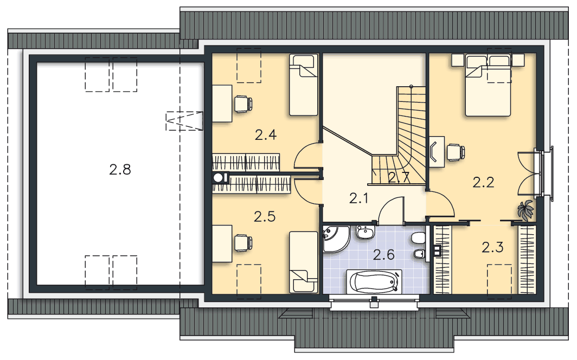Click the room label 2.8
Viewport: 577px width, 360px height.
point(120,170)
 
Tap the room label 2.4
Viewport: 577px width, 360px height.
point(266,135)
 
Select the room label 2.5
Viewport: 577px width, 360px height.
point(265,216)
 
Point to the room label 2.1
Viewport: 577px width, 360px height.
point(359,198)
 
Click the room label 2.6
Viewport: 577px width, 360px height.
point(384,254)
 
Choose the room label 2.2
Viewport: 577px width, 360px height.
point(483,182)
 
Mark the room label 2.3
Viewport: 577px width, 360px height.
point(493,247)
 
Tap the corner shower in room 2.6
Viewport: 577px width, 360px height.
point(335,239)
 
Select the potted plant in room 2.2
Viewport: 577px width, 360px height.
point(525,210)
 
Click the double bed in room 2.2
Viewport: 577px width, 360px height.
point(488,85)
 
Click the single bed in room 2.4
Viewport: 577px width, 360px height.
point(303,85)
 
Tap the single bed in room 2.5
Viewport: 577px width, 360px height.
point(303,262)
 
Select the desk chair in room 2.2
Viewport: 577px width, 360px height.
point(456,152)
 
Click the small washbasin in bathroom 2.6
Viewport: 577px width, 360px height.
point(364,233)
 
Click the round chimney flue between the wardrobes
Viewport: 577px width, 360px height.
point(218,178)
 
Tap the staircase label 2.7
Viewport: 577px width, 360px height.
point(399,178)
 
